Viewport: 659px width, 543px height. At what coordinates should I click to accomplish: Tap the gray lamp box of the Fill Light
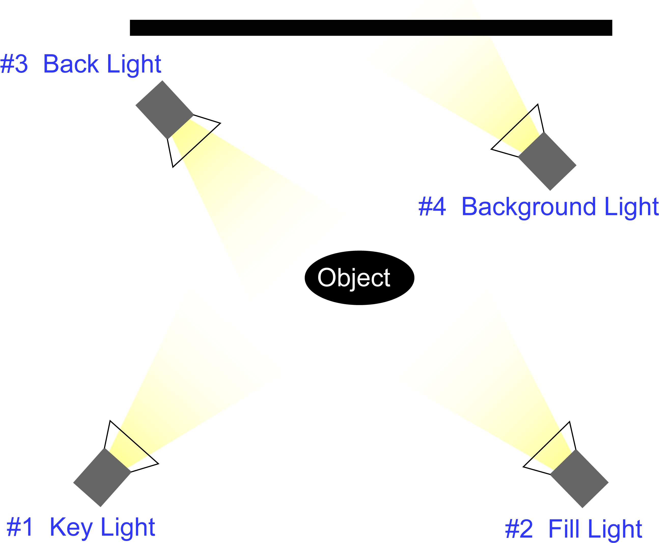point(579,478)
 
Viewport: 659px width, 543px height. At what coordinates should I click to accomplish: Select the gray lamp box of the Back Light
point(164,110)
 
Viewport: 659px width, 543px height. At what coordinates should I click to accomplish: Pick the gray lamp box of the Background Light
point(547,161)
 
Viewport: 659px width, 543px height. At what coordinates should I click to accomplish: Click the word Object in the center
point(354,278)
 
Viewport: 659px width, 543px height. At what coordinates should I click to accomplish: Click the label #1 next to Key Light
point(19,527)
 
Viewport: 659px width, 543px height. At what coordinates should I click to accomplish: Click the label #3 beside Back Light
point(14,64)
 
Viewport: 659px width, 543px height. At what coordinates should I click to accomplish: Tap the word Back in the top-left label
point(71,64)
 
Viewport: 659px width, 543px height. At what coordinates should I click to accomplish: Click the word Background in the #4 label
point(529,207)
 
